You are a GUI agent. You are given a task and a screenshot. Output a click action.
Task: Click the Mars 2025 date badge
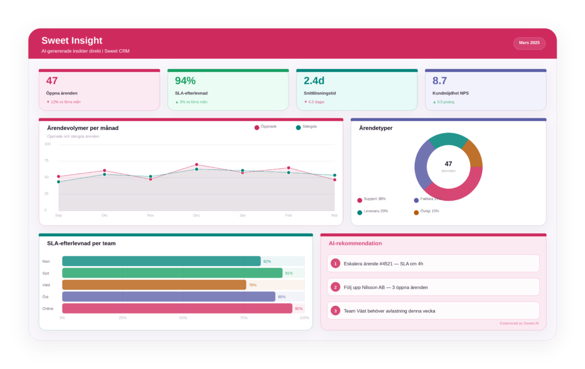[529, 43]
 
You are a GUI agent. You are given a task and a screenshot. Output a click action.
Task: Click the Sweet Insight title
[72, 41]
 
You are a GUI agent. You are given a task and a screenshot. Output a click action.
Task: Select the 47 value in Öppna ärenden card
[52, 81]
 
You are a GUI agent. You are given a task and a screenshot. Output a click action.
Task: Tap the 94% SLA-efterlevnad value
[185, 81]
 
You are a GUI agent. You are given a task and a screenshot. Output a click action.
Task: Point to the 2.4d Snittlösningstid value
[314, 81]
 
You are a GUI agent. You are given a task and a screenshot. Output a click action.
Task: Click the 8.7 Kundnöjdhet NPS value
[439, 81]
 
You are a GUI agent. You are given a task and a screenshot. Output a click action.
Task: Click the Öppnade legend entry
[265, 126]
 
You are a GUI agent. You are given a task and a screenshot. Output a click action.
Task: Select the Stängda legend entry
[306, 126]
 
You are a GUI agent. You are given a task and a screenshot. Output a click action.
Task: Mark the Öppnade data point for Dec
[197, 165]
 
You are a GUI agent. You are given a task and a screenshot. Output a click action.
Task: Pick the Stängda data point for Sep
[58, 182]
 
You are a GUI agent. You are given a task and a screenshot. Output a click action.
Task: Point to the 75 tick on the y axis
[46, 161]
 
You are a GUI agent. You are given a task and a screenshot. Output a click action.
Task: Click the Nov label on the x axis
[151, 215]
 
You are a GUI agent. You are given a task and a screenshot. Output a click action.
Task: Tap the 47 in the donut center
[448, 164]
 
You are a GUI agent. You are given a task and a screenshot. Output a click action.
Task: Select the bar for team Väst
[154, 285]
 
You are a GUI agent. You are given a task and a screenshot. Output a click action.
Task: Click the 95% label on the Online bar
[298, 308]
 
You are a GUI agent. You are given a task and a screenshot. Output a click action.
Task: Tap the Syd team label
[46, 273]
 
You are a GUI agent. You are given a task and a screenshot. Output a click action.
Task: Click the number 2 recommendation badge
[335, 287]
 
